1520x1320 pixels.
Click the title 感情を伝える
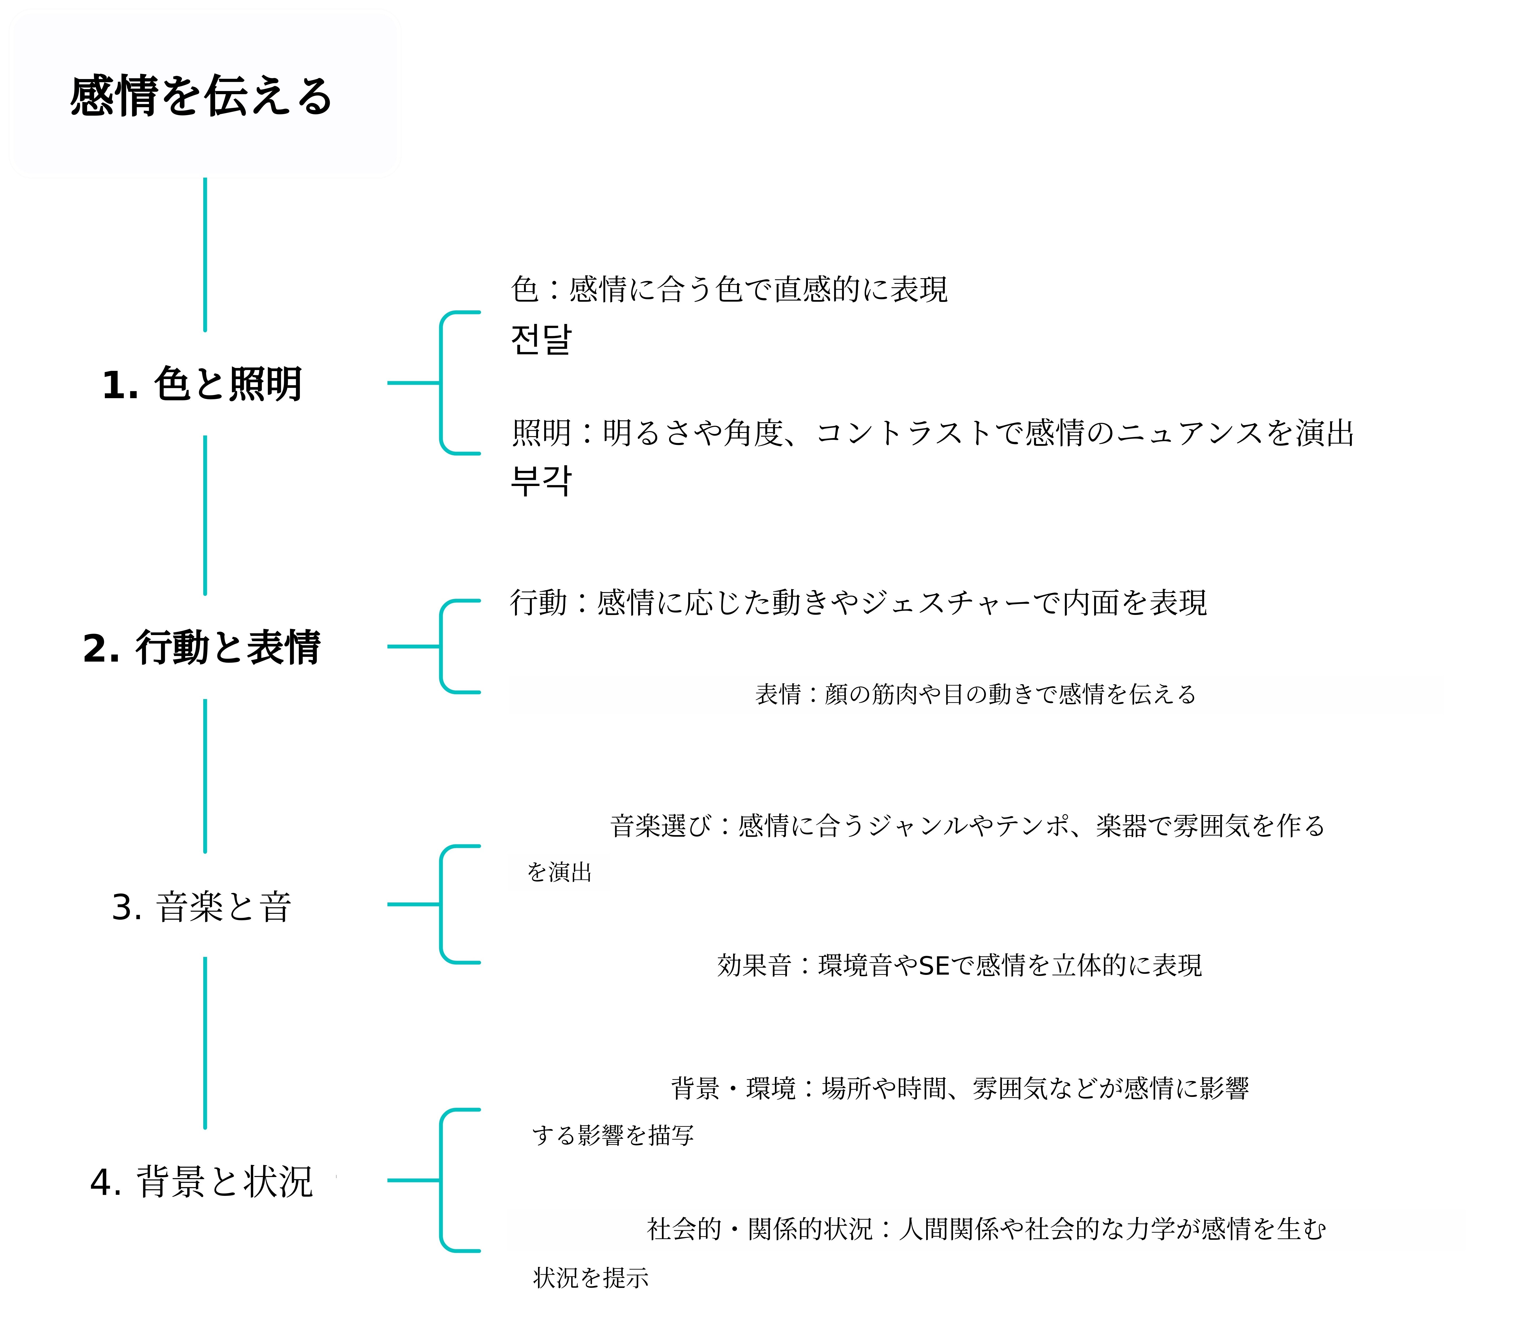click(201, 96)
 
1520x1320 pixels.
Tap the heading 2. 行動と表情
click(202, 648)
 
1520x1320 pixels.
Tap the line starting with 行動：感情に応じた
click(858, 602)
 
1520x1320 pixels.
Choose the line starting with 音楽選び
click(967, 826)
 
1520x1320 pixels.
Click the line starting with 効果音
click(959, 965)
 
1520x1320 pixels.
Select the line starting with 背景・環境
click(959, 1088)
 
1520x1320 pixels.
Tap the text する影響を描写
click(612, 1135)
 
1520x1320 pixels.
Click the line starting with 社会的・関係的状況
click(986, 1229)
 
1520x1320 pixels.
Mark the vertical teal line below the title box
click(205, 254)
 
